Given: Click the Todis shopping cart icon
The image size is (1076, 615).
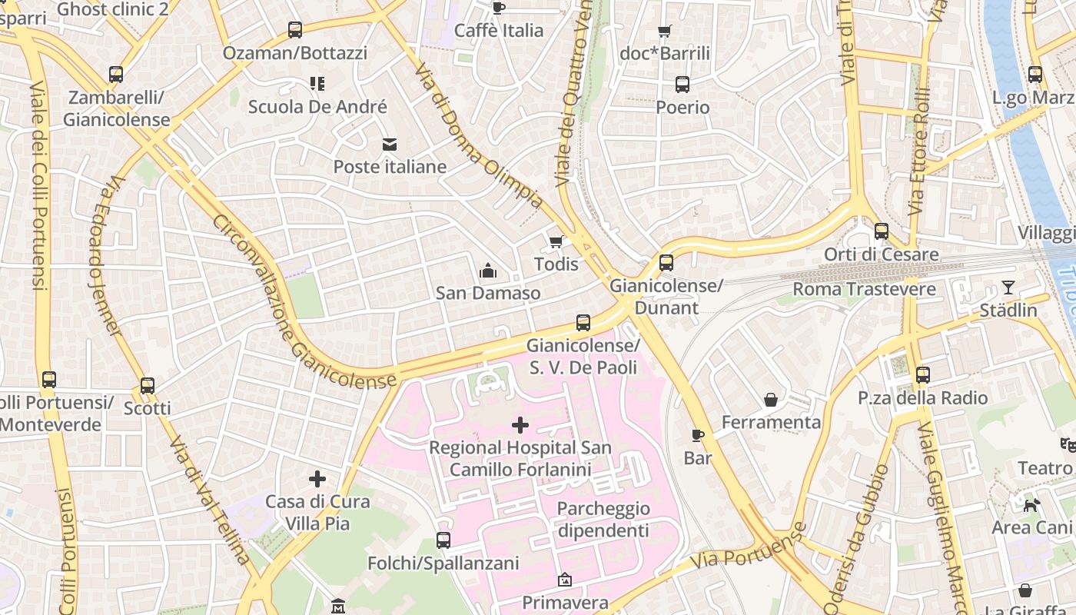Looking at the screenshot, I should (x=556, y=242).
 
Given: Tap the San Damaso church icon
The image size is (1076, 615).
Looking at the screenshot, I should (x=487, y=271).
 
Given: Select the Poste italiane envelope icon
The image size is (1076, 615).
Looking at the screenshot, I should (x=390, y=145).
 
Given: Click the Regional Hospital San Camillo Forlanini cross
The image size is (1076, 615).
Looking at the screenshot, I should (x=520, y=424).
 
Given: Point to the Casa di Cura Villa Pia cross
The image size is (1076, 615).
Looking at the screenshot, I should (x=317, y=479).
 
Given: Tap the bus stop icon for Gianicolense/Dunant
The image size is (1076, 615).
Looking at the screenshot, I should (x=666, y=263).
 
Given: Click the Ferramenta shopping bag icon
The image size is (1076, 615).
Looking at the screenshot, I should (x=771, y=400).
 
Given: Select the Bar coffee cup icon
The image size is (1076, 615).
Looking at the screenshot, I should (x=698, y=435).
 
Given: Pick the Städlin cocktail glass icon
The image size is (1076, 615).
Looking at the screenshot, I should (x=1008, y=288).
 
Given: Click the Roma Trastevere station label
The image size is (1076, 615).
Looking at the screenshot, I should (x=864, y=289).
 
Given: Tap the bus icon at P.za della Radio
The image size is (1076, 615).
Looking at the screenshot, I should (x=922, y=375).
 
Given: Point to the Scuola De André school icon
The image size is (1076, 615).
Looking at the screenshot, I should (x=317, y=84).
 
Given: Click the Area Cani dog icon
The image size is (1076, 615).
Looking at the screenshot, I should (x=1031, y=505).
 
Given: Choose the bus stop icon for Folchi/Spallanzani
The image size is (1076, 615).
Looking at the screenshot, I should (x=443, y=540).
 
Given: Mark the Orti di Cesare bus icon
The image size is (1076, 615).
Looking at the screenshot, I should (x=882, y=231).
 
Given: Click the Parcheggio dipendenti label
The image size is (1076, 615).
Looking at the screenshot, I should (x=603, y=520).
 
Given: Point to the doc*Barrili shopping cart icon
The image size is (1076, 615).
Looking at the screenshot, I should (x=665, y=32).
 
